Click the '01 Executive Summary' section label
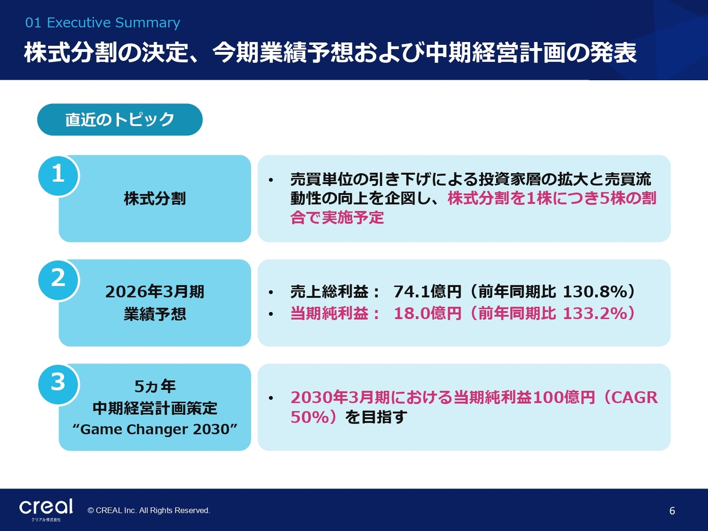102,23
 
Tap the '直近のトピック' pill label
119,119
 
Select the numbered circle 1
58,175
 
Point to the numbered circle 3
58,384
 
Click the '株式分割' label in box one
155,198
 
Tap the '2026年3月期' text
155,292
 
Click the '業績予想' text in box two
155,314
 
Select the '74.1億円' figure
428,292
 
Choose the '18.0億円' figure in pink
428,314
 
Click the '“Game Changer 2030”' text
155,429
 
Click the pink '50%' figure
310,417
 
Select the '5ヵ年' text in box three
155,386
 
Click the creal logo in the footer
46,507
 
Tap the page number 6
672,511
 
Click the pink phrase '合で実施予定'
337,217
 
